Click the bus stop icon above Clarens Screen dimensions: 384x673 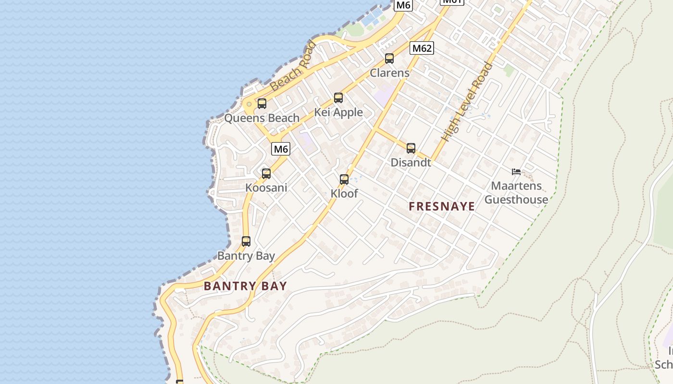click(x=389, y=59)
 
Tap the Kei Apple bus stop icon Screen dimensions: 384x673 click(x=338, y=98)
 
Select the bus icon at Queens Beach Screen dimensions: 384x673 click(x=262, y=103)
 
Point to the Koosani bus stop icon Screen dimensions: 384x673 click(x=266, y=173)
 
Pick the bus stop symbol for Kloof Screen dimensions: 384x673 click(x=344, y=180)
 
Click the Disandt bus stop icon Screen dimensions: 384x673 click(x=411, y=148)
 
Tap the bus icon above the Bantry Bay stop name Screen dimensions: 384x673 click(x=246, y=241)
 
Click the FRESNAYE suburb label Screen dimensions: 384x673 click(x=442, y=206)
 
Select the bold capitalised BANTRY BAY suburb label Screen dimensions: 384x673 click(x=245, y=286)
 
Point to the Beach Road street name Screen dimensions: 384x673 click(x=293, y=67)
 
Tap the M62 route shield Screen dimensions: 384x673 click(x=422, y=48)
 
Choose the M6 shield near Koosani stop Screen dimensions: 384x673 click(x=281, y=149)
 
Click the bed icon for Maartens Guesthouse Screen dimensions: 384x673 click(x=516, y=171)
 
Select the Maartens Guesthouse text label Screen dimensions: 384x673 click(x=516, y=192)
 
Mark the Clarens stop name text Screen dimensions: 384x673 click(x=389, y=73)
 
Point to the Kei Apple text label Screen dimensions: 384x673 click(x=338, y=112)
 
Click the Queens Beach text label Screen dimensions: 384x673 click(x=262, y=118)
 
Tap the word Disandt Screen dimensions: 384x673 click(x=411, y=162)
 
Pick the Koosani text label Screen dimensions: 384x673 click(x=266, y=188)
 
